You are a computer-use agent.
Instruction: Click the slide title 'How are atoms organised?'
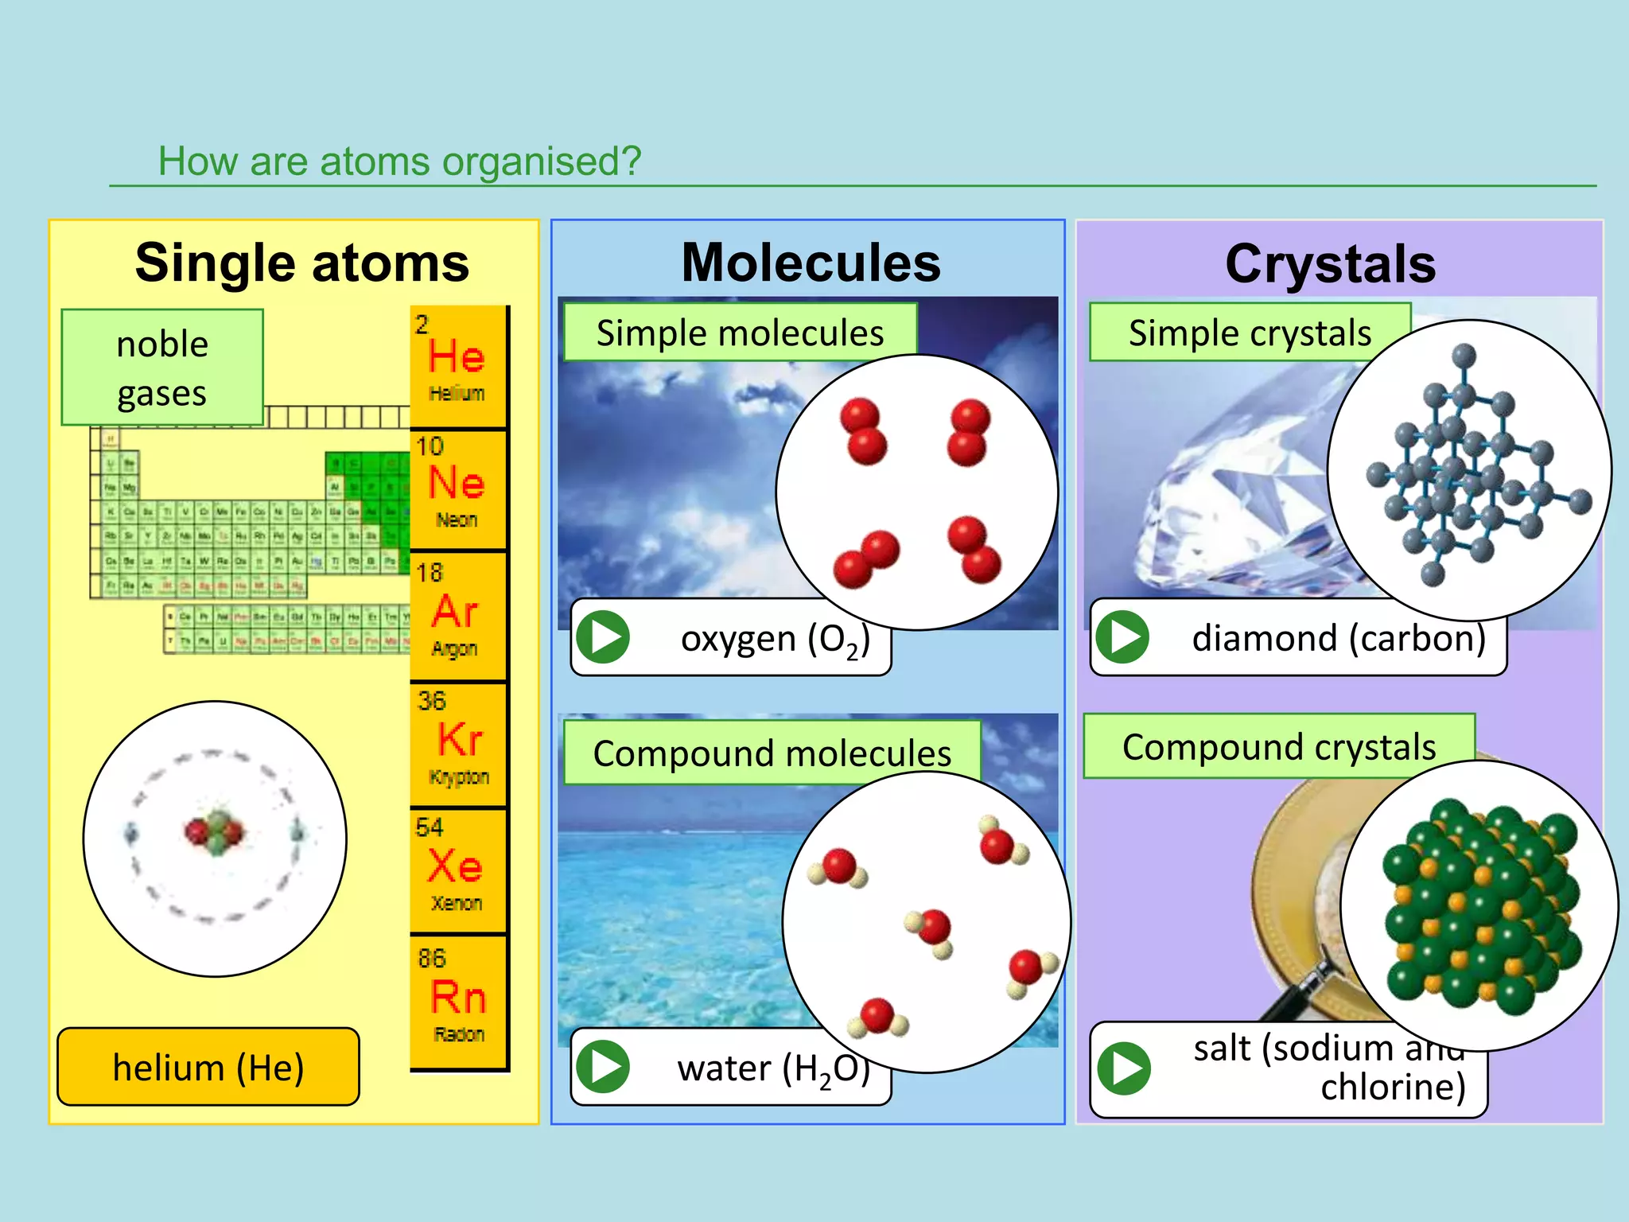pyautogui.click(x=399, y=162)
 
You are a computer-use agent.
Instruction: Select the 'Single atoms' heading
pyautogui.click(x=302, y=263)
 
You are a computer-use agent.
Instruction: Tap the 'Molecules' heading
pyautogui.click(x=811, y=263)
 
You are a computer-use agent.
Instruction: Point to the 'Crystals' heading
pyautogui.click(x=1331, y=264)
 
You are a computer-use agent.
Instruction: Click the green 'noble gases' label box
pyautogui.click(x=162, y=368)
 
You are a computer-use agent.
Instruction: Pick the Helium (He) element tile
pyautogui.click(x=458, y=366)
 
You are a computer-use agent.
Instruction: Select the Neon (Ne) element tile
pyautogui.click(x=458, y=488)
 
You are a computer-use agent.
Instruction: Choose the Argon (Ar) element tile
pyautogui.click(x=458, y=615)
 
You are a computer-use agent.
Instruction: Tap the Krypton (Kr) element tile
pyautogui.click(x=458, y=744)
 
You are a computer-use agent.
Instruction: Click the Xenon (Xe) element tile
pyautogui.click(x=458, y=870)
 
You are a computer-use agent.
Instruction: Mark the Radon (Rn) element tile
pyautogui.click(x=458, y=1001)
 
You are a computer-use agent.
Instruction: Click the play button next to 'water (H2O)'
pyautogui.click(x=604, y=1067)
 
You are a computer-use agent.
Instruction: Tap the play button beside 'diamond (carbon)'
pyautogui.click(x=1122, y=637)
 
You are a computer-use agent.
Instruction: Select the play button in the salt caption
pyautogui.click(x=1123, y=1068)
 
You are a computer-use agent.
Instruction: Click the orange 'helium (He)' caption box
pyautogui.click(x=208, y=1067)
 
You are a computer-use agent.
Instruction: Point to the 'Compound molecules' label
pyautogui.click(x=772, y=753)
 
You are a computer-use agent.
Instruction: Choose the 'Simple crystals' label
pyautogui.click(x=1249, y=333)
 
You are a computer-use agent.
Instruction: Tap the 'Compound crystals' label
pyautogui.click(x=1278, y=746)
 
